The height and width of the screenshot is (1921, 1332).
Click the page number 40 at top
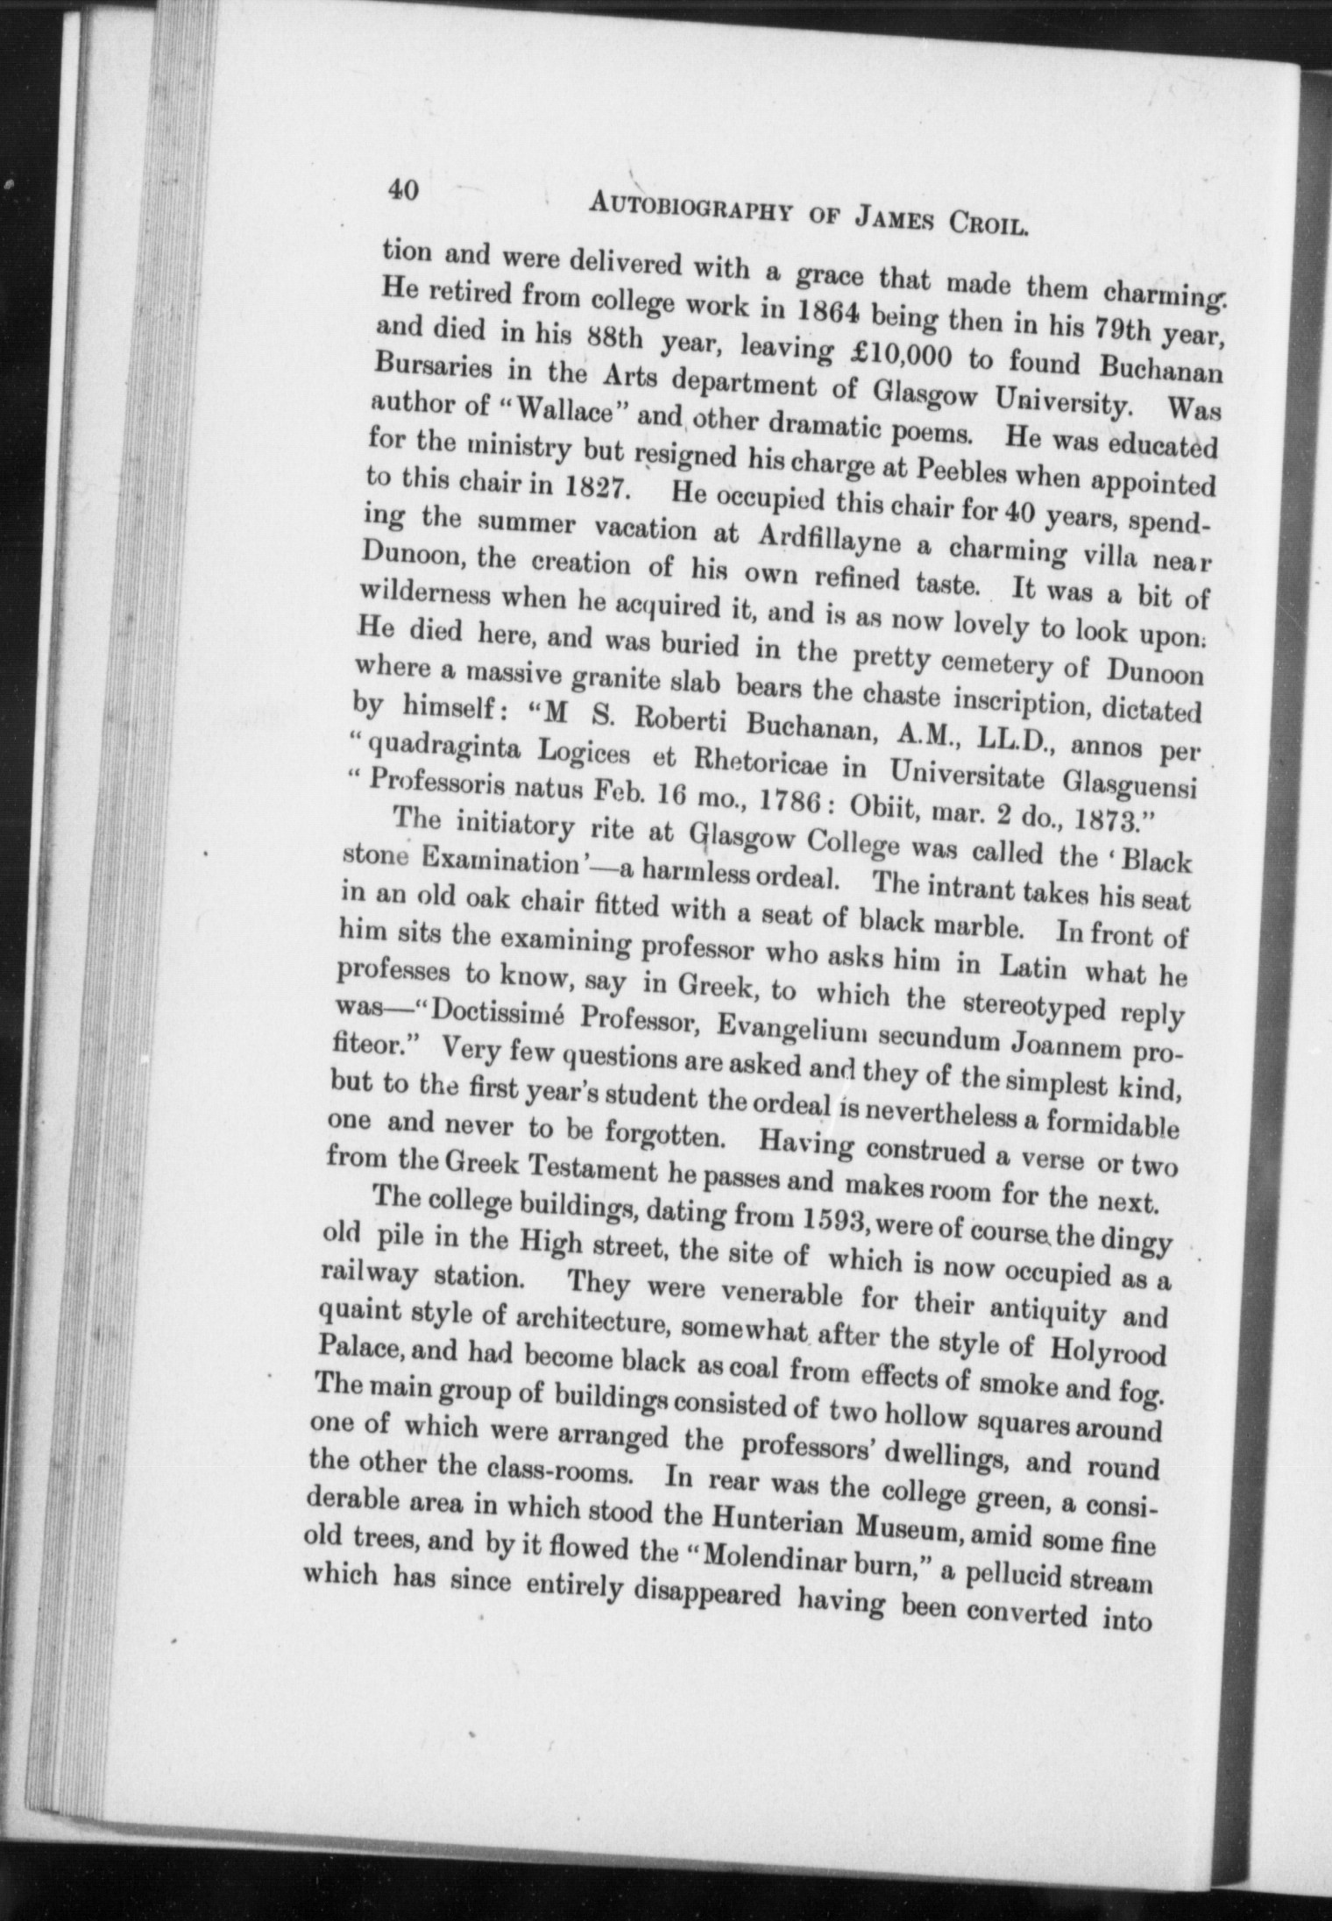403,190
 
